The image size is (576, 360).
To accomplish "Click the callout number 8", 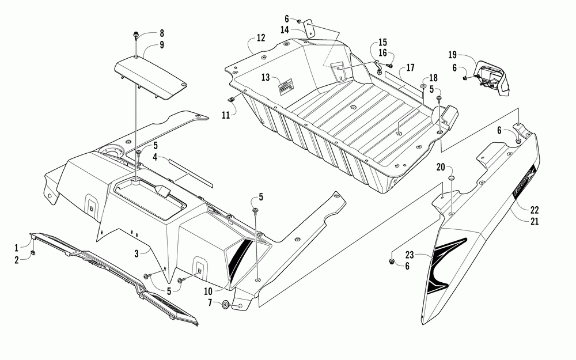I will click(146, 33).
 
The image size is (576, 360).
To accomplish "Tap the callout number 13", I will click(266, 77).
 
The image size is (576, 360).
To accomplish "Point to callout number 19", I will click(453, 55).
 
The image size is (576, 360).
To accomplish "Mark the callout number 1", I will click(17, 248).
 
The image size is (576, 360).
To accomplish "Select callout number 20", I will click(441, 167).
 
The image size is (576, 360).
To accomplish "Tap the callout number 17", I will click(410, 67).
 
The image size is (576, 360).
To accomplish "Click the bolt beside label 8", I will click(136, 35).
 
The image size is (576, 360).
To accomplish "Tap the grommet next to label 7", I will click(225, 304).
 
